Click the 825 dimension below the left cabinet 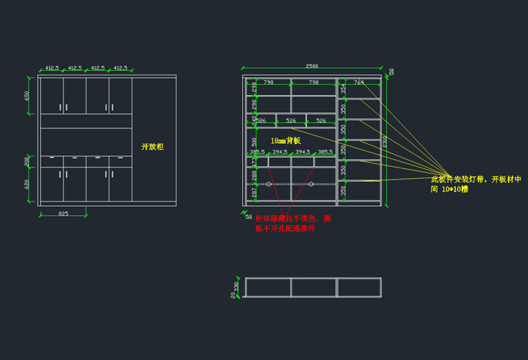click(63, 214)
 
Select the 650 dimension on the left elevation click(27, 96)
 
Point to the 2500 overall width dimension click(312, 66)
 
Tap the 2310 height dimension click(385, 141)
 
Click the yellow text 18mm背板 click(286, 140)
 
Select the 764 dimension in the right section click(359, 82)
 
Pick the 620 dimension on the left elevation click(27, 183)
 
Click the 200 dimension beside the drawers click(27, 161)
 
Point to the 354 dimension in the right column click(343, 88)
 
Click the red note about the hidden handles click(293, 223)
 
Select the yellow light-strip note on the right click(475, 184)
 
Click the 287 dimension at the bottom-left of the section click(254, 193)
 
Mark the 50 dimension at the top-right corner click(391, 72)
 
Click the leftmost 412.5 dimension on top click(52, 68)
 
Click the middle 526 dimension click(292, 121)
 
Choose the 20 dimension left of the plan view click(233, 295)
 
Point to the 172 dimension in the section click(254, 161)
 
